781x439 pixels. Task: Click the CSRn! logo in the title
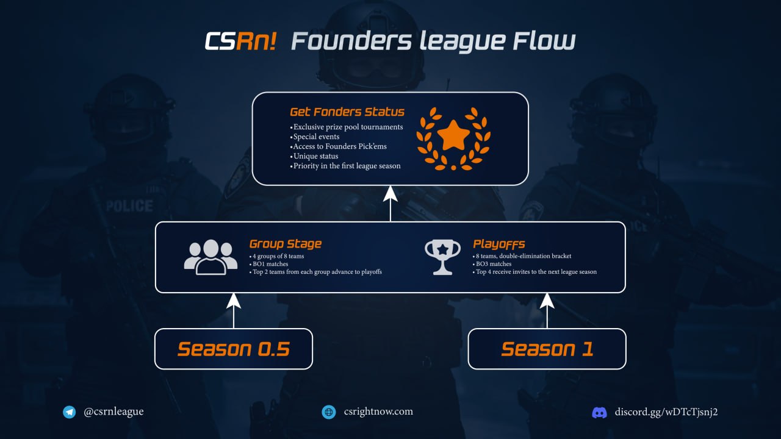coord(240,41)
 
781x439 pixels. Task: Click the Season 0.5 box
coord(234,349)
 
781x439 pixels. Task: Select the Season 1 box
coord(547,349)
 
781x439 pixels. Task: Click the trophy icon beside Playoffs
coord(442,257)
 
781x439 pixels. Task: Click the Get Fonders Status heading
coord(347,112)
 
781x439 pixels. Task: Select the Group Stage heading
coord(286,244)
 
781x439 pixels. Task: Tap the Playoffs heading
coord(499,244)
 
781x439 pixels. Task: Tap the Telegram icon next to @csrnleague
coord(70,412)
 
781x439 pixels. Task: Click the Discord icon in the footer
coord(600,413)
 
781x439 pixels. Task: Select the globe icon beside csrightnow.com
coord(329,412)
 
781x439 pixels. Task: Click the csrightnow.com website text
coord(378,412)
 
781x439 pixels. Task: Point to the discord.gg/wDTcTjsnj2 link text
coord(666,412)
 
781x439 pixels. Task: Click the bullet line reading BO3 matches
coord(493,264)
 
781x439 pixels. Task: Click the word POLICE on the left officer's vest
coord(129,205)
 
